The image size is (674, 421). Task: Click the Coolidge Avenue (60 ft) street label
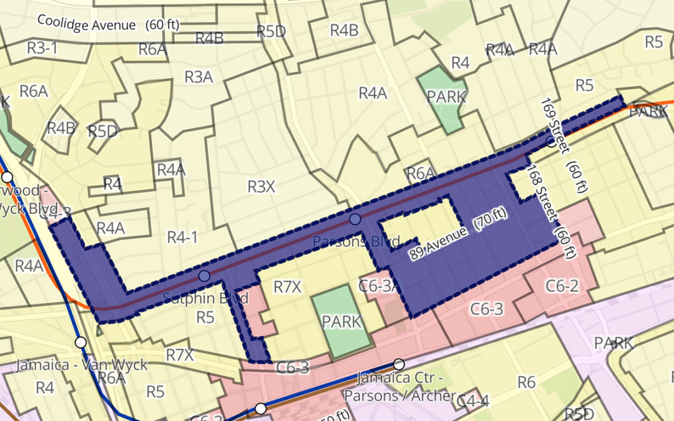108,23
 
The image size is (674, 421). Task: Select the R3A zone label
198,77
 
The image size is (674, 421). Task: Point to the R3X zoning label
261,186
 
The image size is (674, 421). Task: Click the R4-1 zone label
182,237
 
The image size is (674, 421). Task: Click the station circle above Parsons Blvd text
355,219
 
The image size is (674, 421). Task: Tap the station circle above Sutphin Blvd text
204,276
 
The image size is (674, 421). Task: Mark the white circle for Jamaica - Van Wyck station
81,342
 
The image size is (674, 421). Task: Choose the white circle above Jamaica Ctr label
399,364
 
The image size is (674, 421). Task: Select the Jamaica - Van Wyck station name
81,364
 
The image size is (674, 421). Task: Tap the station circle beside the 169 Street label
550,142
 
